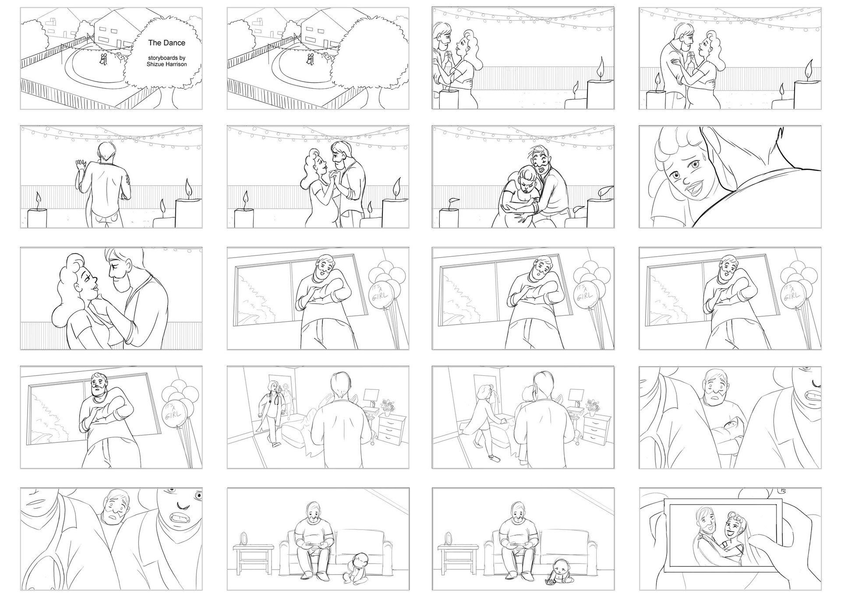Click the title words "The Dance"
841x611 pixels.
[166, 43]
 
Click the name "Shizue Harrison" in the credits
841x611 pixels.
[166, 64]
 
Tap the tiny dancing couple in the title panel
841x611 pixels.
[103, 60]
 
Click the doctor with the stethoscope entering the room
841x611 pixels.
[270, 412]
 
